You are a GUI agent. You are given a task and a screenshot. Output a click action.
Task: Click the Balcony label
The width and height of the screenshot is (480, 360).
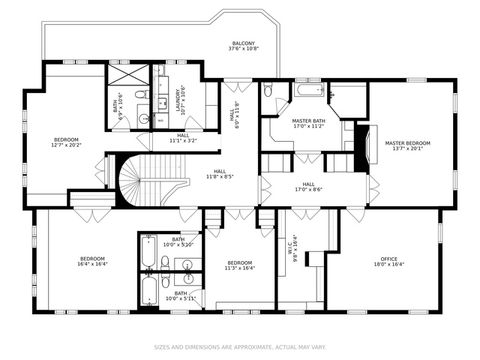tap(242, 46)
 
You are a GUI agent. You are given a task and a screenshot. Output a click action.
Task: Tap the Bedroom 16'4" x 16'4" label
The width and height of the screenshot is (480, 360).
tap(92, 262)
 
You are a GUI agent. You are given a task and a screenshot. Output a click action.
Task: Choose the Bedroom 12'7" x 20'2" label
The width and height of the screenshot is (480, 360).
tap(66, 142)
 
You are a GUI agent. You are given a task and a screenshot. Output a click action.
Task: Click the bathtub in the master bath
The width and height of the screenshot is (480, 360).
tap(304, 93)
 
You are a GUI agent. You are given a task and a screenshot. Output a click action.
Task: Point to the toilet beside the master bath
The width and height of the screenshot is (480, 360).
tap(268, 90)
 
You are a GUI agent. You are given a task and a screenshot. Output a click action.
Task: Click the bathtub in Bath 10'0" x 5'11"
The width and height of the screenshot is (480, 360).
tap(148, 293)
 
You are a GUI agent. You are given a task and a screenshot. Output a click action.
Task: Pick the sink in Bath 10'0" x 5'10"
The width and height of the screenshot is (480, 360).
tap(187, 265)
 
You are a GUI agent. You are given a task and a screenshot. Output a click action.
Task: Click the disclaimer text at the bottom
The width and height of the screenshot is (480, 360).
tap(240, 348)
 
